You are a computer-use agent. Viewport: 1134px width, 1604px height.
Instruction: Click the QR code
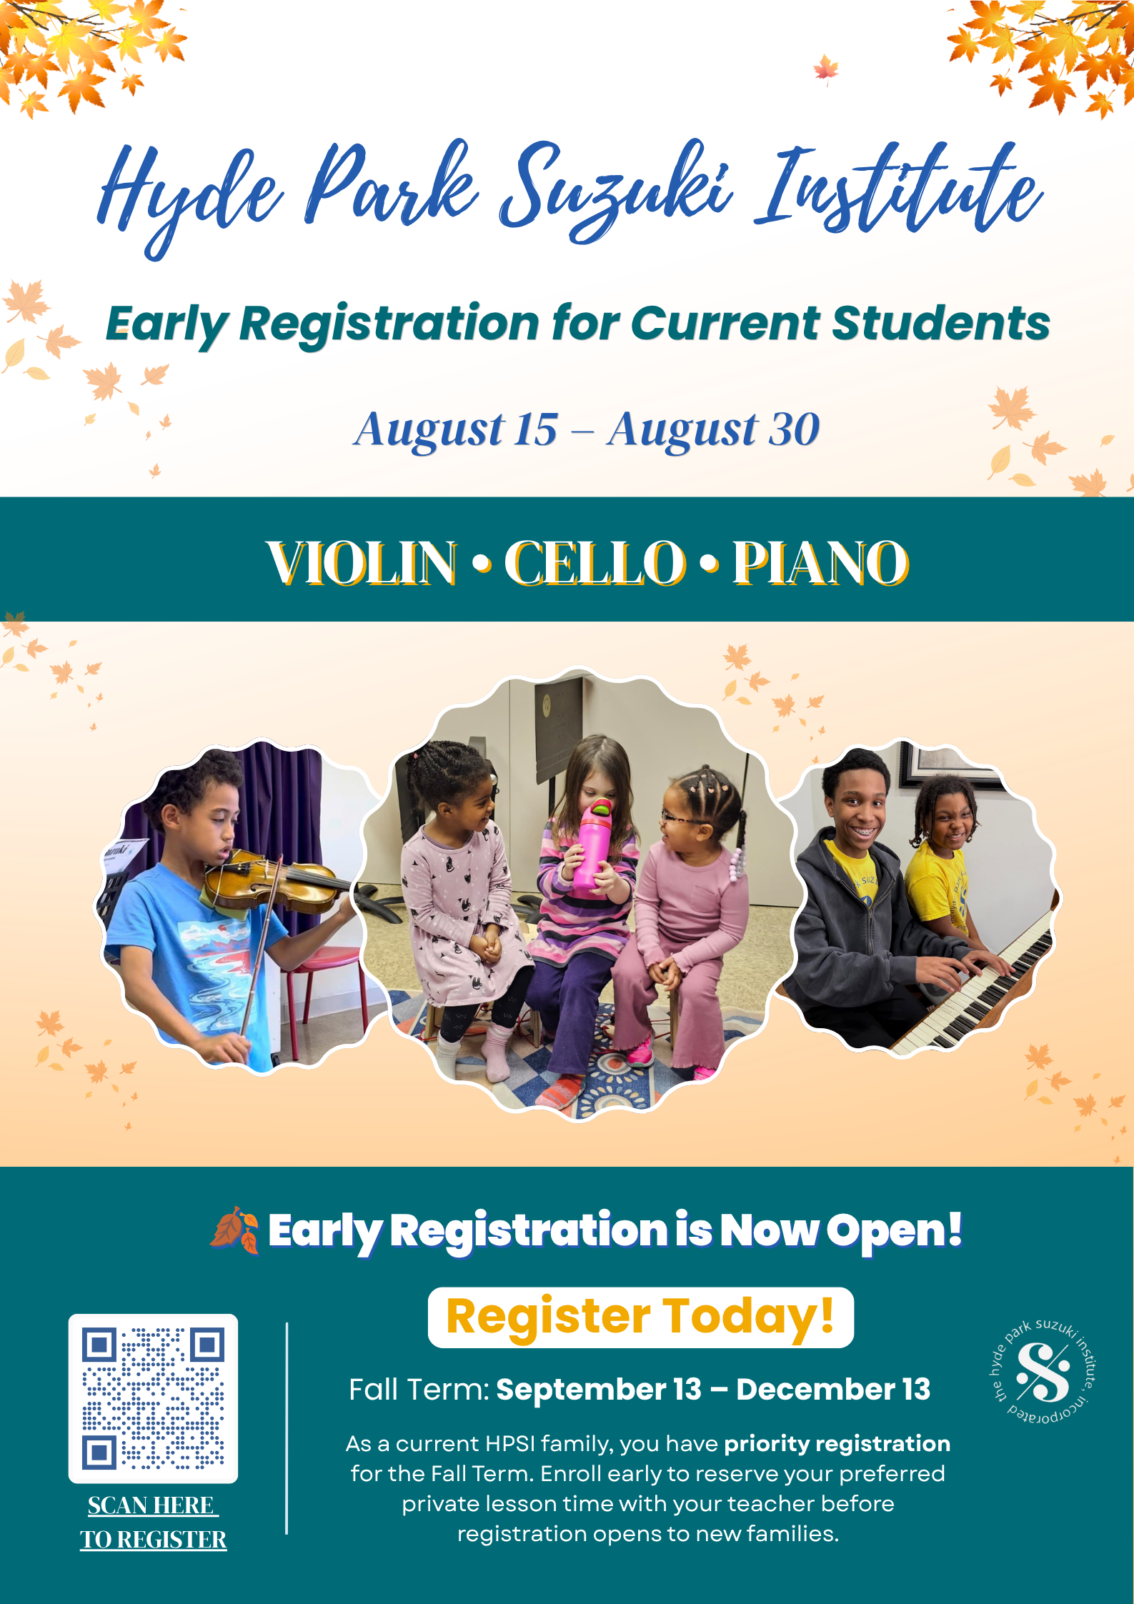(x=153, y=1398)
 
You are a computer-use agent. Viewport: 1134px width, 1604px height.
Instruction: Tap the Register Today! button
(x=640, y=1317)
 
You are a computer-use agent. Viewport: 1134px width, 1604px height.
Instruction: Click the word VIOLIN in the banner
(x=362, y=563)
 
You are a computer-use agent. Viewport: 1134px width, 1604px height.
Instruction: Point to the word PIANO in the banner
(x=821, y=563)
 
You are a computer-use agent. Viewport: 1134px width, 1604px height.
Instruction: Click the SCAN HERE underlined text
(x=151, y=1505)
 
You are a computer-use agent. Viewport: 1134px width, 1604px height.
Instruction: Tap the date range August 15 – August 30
(x=587, y=429)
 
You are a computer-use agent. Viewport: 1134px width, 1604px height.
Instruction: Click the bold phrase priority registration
(x=837, y=1444)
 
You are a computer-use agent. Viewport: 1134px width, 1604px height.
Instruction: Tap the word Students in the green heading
(x=941, y=323)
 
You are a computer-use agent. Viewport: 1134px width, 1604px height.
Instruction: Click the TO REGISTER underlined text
(x=153, y=1539)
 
